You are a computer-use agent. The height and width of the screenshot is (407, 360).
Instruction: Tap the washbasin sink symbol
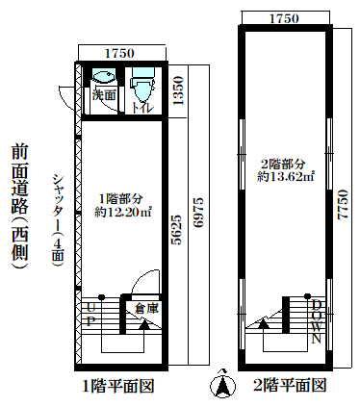103,77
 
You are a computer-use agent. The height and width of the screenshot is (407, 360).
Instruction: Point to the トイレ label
143,108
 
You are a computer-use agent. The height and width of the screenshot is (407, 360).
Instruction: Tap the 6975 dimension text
199,213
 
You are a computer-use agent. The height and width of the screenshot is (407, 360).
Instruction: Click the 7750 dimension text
343,205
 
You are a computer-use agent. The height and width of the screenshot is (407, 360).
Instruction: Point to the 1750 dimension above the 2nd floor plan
284,18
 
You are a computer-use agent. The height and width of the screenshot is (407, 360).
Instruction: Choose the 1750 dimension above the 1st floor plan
119,54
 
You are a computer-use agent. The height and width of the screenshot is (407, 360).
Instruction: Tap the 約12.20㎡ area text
123,212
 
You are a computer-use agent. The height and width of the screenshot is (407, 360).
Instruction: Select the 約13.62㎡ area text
285,177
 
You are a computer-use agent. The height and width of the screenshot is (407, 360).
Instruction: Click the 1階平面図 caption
118,386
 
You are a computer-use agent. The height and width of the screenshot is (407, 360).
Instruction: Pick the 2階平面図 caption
290,385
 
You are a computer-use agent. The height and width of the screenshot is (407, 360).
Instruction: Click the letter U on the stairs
90,308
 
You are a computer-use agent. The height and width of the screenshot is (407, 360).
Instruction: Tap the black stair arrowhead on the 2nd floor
264,323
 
